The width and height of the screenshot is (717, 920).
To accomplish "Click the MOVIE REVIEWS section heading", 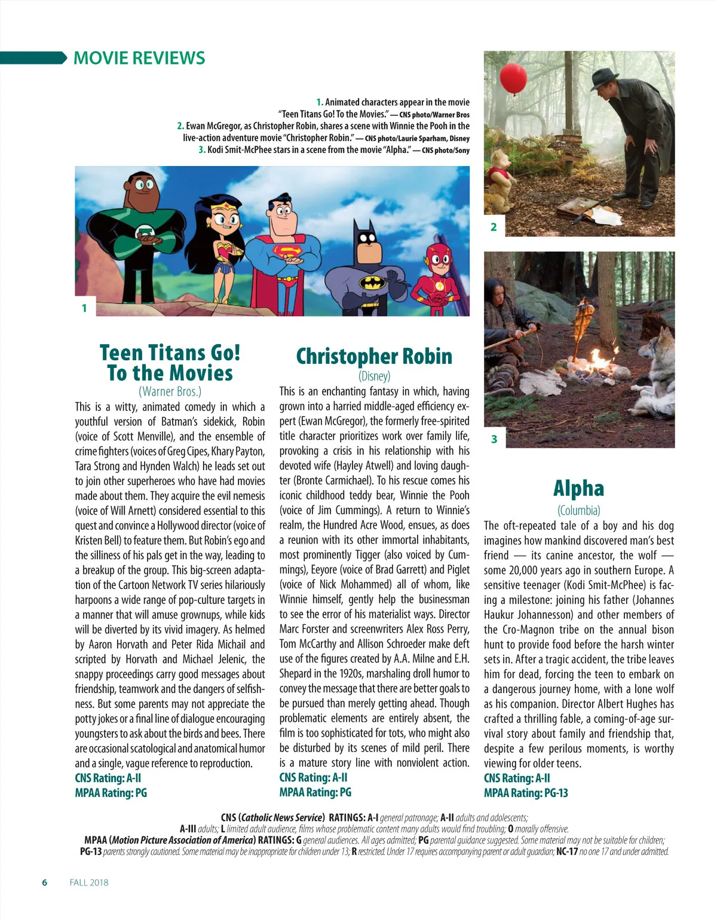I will (x=139, y=58).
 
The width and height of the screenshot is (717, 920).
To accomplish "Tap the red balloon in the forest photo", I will (x=512, y=78).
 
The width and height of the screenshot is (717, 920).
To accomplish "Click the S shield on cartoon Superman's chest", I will (x=286, y=251).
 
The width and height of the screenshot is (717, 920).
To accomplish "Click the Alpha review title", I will (x=578, y=488).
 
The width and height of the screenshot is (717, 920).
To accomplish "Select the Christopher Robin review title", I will (x=374, y=356).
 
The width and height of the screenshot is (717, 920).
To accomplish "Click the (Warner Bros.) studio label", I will (x=170, y=391).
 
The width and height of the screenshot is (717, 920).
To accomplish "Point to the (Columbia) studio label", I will (x=578, y=510).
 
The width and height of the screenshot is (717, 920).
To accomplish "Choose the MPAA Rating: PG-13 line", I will (x=526, y=793).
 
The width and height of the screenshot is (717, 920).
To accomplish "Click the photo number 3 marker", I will (x=494, y=439).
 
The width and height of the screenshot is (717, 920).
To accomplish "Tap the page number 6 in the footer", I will (x=45, y=882).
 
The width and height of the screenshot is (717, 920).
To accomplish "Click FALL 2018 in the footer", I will (x=89, y=882).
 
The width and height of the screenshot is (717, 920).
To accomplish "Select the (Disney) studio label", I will (x=374, y=376).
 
